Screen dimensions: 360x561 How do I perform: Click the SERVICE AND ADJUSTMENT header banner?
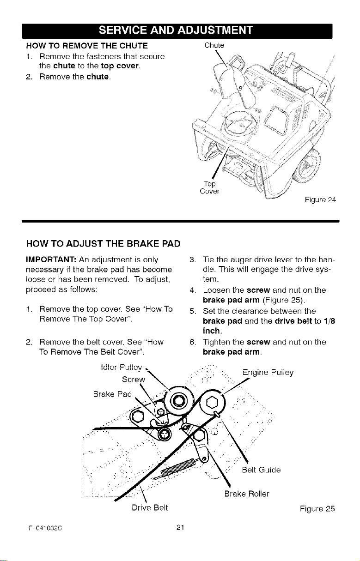click(177, 31)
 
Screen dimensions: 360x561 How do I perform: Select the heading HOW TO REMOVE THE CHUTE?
click(87, 46)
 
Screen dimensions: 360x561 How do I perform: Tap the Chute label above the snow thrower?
click(214, 45)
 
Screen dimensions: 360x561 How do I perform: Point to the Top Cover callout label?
click(210, 187)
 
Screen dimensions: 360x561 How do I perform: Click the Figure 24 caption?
click(320, 200)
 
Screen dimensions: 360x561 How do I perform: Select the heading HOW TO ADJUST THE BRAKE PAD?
click(104, 244)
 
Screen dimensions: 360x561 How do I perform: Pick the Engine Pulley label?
click(268, 373)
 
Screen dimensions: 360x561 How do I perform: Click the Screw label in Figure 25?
click(134, 380)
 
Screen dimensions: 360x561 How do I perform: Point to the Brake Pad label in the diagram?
click(112, 394)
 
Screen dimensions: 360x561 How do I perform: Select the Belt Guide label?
click(261, 470)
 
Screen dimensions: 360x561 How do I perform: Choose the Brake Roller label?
click(247, 494)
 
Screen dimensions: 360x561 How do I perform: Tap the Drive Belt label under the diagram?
click(150, 507)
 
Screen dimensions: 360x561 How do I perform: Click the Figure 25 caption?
click(317, 509)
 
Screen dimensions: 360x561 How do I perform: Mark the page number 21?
click(180, 527)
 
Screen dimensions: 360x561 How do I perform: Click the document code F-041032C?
click(45, 528)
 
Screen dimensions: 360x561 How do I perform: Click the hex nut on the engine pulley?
click(213, 403)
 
